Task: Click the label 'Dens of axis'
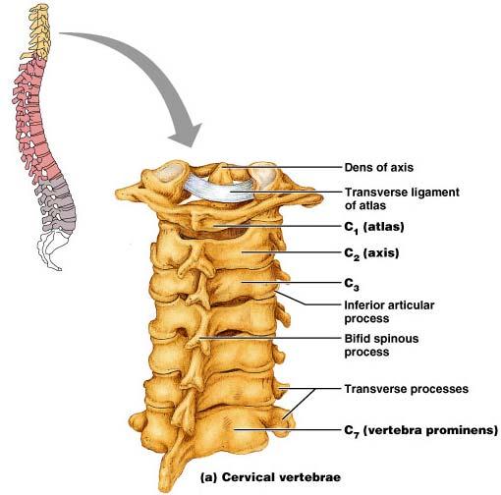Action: (x=379, y=168)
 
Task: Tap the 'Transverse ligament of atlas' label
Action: (x=402, y=198)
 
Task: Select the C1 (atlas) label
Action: (x=374, y=227)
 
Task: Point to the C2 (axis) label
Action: (x=371, y=253)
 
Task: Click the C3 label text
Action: (x=352, y=284)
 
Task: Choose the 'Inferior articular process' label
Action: (x=389, y=311)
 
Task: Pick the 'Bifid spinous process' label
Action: (x=381, y=345)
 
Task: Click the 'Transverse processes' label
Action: (x=407, y=389)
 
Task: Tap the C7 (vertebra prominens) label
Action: (x=421, y=430)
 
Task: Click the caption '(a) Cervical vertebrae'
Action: (x=270, y=477)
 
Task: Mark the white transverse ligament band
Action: (x=219, y=189)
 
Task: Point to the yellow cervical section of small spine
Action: (x=38, y=31)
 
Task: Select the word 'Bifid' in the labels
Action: (x=356, y=339)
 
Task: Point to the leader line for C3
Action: (x=291, y=282)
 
